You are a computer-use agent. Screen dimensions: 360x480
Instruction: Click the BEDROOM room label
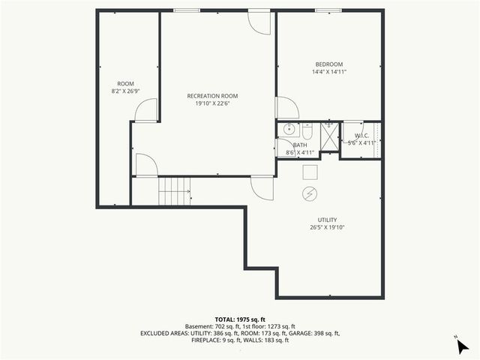329,64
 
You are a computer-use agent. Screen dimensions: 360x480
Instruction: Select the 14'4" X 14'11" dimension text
329,73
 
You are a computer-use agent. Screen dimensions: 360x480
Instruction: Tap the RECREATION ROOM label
212,96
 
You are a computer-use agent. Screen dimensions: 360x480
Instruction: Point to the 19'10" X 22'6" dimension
212,104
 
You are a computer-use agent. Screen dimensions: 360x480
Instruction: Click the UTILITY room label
327,220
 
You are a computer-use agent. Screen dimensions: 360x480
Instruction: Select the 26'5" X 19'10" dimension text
327,228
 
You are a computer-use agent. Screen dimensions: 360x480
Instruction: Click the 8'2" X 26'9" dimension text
125,91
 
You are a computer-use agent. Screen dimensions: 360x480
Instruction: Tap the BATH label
300,145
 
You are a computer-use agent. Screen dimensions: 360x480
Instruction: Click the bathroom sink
286,129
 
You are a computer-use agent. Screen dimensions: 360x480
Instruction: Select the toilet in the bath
307,130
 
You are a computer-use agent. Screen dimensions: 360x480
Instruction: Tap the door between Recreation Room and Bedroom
286,109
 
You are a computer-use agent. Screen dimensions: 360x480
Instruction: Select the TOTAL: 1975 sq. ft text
239,319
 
